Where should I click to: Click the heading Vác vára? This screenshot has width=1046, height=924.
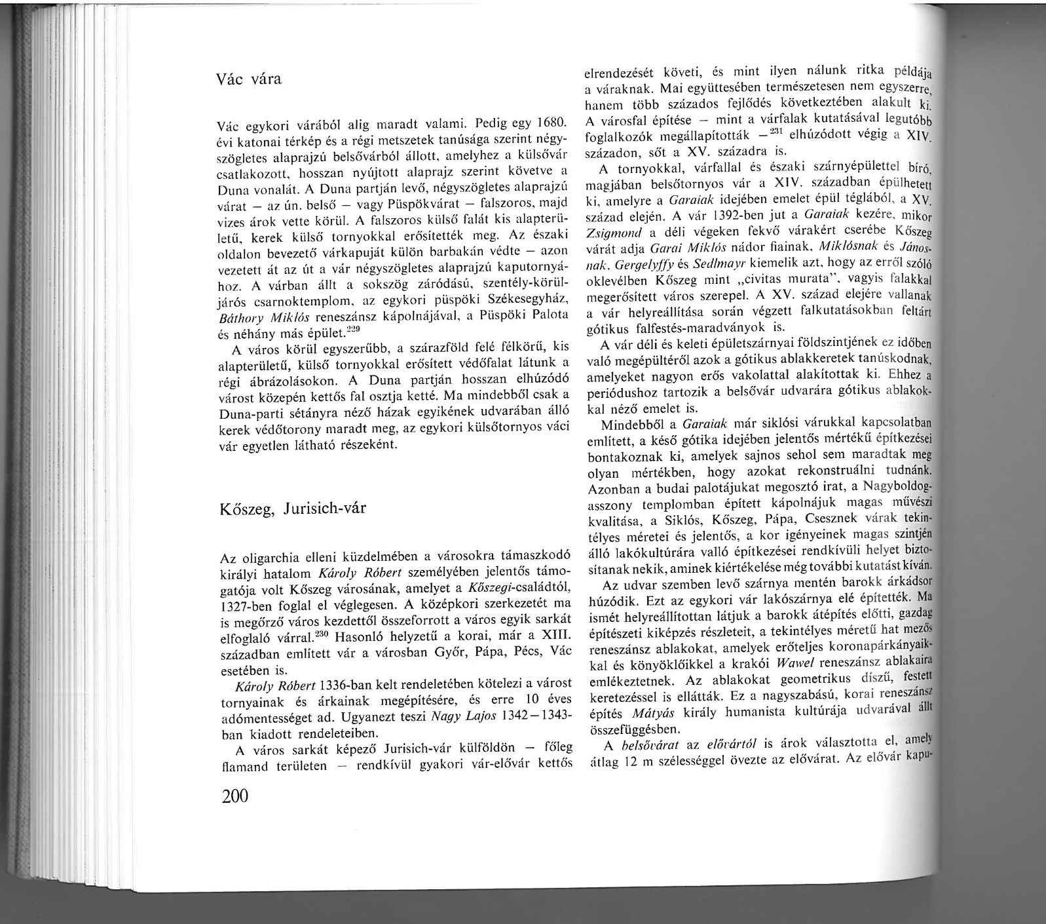pyautogui.click(x=249, y=80)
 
